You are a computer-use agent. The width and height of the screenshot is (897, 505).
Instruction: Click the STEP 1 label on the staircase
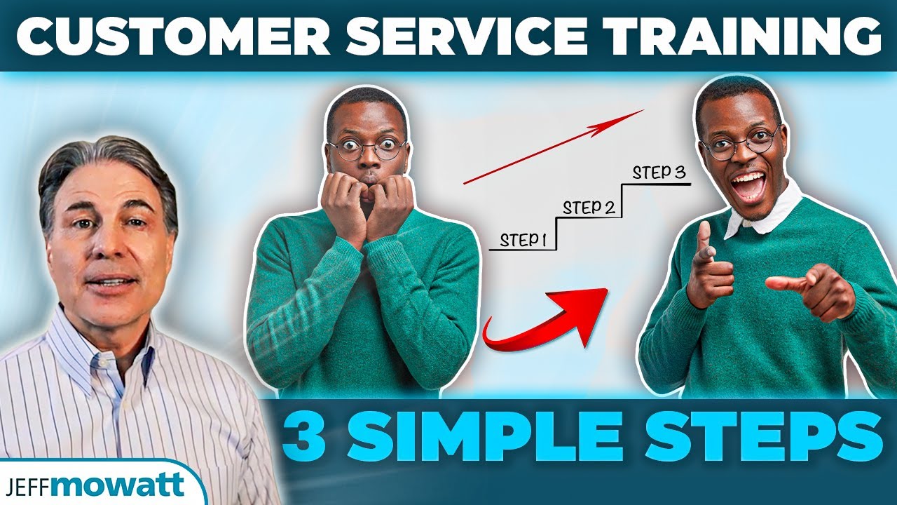point(523,240)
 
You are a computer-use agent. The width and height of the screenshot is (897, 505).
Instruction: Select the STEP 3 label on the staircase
point(659,173)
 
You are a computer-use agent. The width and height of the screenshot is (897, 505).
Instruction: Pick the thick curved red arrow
point(547,319)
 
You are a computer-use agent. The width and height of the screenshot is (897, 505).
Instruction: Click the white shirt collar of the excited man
point(764,214)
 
